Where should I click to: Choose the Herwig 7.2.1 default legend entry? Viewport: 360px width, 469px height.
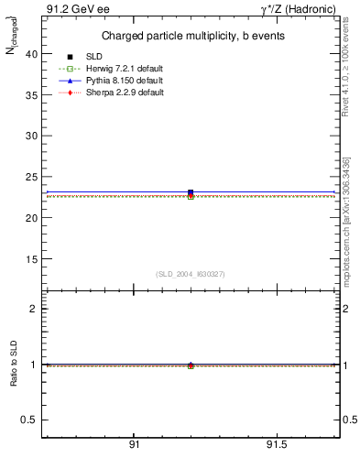pos(123,70)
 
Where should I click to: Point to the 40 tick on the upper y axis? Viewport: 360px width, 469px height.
pos(30,53)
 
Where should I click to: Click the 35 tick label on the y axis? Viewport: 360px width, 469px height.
pos(30,94)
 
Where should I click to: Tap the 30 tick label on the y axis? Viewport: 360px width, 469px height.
pos(30,136)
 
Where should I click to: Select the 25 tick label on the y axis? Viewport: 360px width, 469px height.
pos(30,177)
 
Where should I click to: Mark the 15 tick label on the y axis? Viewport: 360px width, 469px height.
pos(30,258)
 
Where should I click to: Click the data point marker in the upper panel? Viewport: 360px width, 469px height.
pos(191,193)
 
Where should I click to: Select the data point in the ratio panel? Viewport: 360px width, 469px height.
pos(191,365)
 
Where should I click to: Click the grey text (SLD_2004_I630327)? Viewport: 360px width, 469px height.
pos(191,274)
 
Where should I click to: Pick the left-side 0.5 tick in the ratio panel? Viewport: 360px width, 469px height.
pos(27,420)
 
